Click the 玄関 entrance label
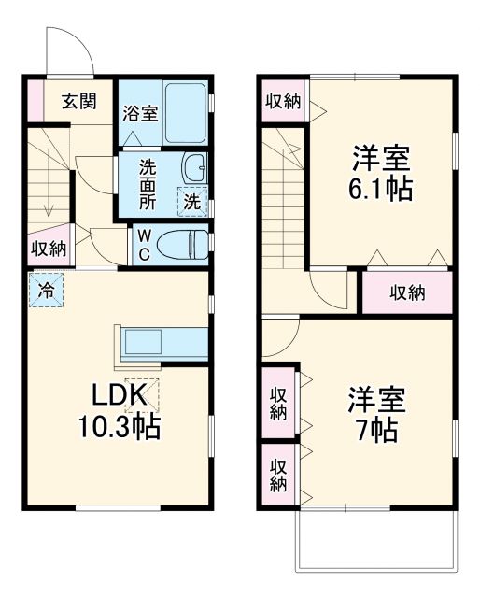(78, 101)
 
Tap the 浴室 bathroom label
(139, 114)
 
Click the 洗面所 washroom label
(148, 184)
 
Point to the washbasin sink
(196, 168)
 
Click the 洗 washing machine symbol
(191, 200)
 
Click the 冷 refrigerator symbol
(44, 290)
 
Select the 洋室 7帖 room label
(376, 414)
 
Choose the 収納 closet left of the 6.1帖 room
(281, 102)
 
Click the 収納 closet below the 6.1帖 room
(407, 292)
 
